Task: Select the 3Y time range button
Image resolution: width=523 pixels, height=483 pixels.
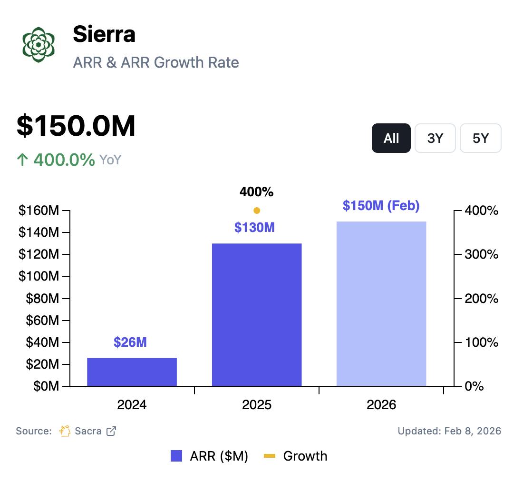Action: click(435, 138)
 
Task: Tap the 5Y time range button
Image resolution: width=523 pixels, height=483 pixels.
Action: click(480, 138)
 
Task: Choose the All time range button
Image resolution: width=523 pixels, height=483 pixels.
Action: click(391, 138)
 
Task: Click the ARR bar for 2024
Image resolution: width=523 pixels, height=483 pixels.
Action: click(132, 372)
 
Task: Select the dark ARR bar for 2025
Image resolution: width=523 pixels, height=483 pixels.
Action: click(257, 314)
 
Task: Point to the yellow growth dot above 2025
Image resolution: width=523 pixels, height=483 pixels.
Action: click(257, 211)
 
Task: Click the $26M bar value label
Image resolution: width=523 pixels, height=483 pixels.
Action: click(130, 342)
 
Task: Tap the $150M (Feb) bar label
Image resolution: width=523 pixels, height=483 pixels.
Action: click(381, 206)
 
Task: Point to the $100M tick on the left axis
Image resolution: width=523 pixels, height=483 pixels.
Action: click(39, 276)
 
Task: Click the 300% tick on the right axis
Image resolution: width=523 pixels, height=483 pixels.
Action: click(482, 254)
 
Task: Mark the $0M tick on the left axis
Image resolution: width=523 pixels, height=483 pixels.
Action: click(46, 386)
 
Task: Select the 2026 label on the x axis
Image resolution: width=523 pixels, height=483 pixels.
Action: click(381, 405)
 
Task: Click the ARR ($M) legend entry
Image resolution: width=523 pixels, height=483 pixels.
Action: click(209, 456)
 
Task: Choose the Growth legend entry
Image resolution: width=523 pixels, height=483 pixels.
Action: click(296, 456)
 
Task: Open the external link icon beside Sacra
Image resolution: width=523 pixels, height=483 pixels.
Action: click(111, 431)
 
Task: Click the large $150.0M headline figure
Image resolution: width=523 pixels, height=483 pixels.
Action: click(76, 126)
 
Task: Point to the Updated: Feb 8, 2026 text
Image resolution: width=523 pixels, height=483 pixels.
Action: click(449, 431)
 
